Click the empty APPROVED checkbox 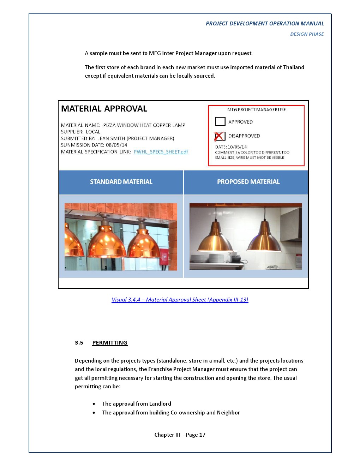(x=220, y=121)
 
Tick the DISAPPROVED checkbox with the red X (x=220, y=136)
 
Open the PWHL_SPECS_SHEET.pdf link (x=161, y=152)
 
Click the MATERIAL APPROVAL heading (x=104, y=109)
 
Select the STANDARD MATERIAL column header (x=121, y=182)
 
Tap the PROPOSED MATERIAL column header (x=248, y=182)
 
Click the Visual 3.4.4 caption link (x=180, y=300)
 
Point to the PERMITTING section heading (x=110, y=343)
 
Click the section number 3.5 (x=79, y=343)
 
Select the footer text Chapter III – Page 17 (x=180, y=435)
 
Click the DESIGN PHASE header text (x=307, y=34)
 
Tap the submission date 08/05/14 (x=116, y=145)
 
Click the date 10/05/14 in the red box (x=237, y=147)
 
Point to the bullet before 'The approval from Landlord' (x=94, y=404)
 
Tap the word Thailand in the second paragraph (x=294, y=67)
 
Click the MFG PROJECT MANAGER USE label (x=257, y=110)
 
